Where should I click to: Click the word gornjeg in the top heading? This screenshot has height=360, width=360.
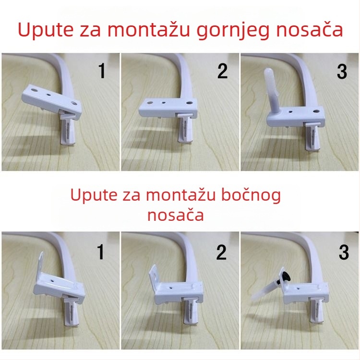tap(226, 30)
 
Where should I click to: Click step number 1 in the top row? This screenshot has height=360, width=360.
tap(102, 71)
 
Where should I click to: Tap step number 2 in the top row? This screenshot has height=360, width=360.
tap(222, 71)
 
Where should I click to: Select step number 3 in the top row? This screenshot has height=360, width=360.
tap(342, 71)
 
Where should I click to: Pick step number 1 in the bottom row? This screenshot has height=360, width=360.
tap(101, 252)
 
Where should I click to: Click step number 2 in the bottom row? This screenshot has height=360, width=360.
tap(221, 252)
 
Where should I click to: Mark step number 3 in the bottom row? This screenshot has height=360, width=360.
tap(343, 252)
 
